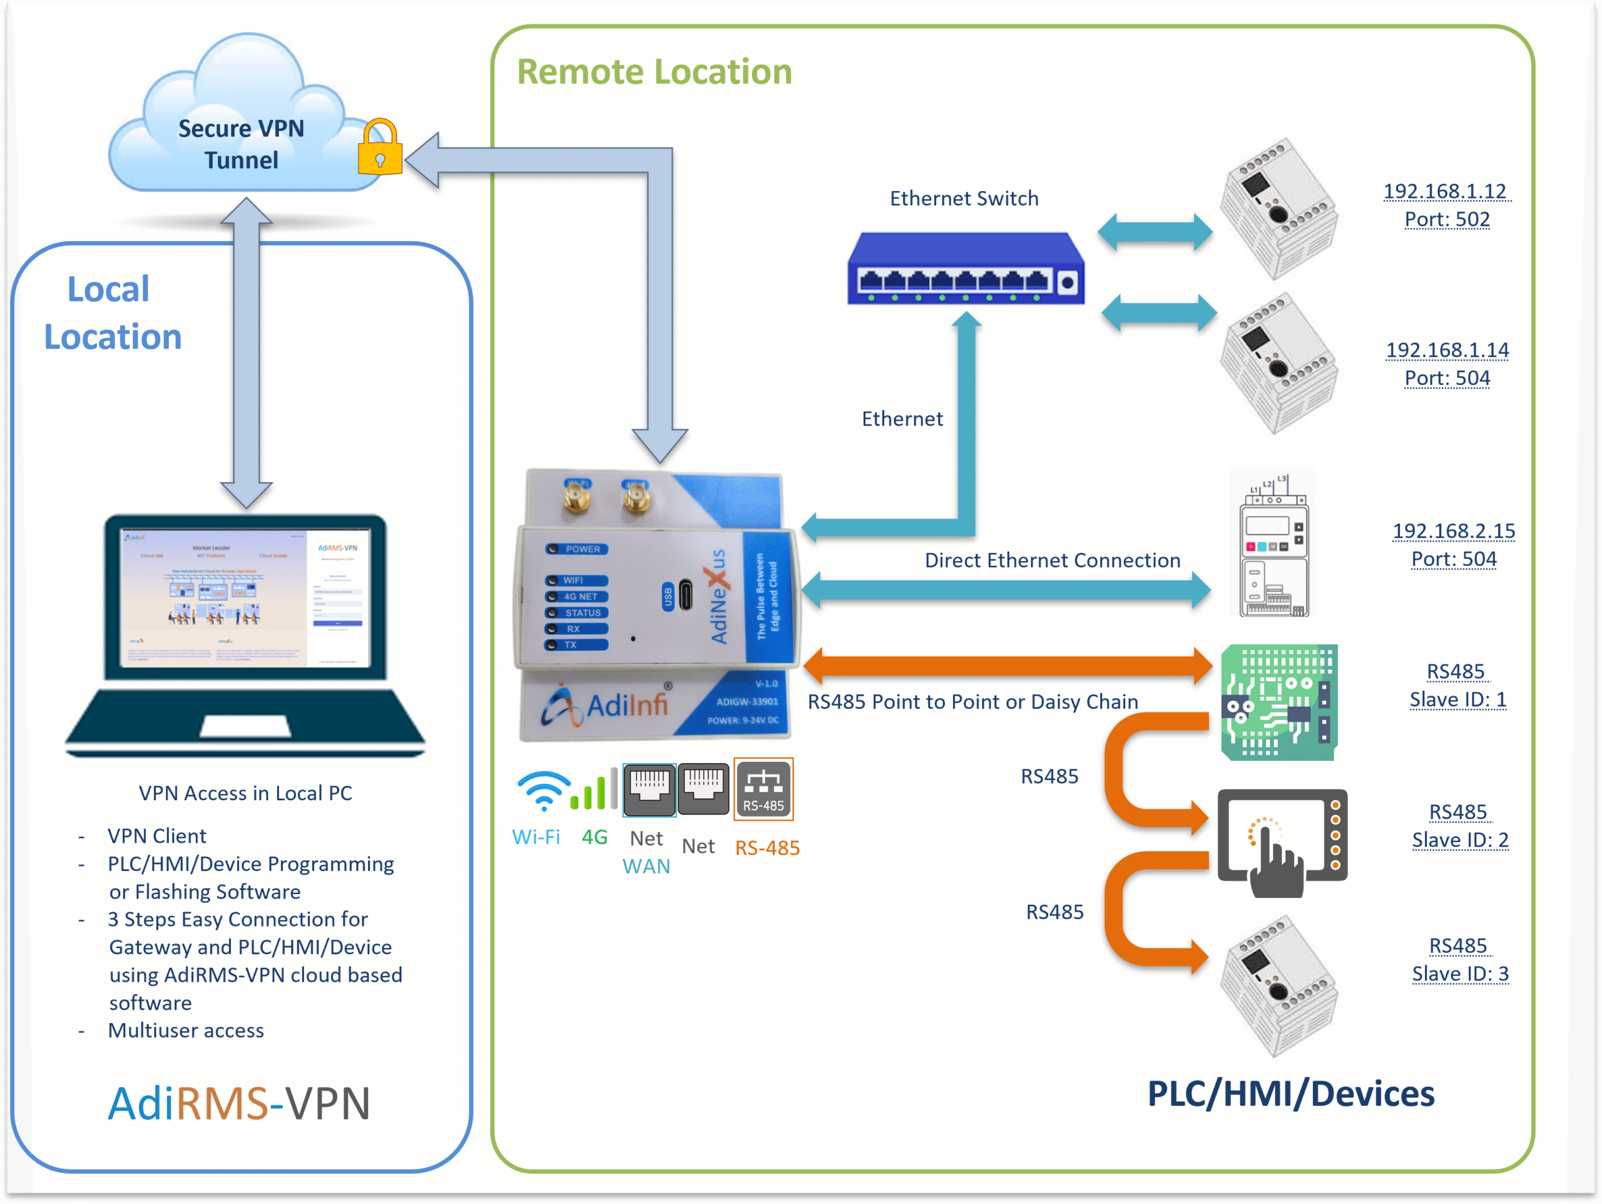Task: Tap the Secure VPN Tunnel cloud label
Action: (241, 144)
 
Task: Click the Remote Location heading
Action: (654, 72)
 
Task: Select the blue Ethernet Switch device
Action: (966, 269)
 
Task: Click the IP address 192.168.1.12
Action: (1445, 191)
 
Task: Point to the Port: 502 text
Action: (1447, 220)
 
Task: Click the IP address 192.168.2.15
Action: (1454, 531)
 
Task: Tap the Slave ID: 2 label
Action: (1460, 840)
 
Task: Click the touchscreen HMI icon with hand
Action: (1282, 840)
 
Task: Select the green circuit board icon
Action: (1279, 702)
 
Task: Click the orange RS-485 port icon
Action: (763, 790)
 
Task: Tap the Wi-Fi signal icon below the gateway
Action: (543, 791)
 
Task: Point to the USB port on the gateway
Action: (685, 596)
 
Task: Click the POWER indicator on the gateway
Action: (577, 549)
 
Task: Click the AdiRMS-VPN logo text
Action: (239, 1103)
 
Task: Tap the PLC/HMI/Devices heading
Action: (1290, 1094)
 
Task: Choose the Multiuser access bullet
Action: (186, 1031)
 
